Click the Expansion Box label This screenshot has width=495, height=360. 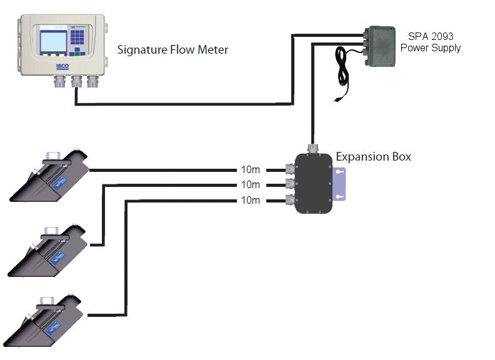tap(373, 157)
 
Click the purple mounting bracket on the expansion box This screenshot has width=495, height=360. tap(340, 186)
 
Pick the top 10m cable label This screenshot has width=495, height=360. tap(251, 169)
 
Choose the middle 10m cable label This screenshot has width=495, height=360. tap(251, 185)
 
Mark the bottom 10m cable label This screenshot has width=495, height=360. tap(251, 201)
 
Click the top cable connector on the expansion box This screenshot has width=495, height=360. tap(290, 169)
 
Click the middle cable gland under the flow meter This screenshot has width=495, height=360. tap(77, 81)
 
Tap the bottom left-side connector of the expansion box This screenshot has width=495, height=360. tap(290, 200)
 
